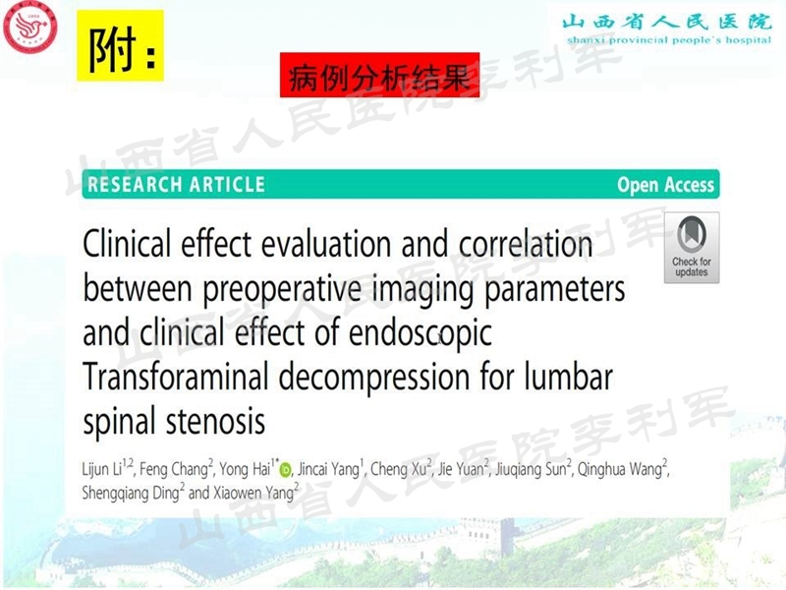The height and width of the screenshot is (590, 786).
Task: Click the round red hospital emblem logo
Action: (x=30, y=27)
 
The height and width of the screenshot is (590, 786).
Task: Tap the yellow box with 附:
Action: (x=120, y=46)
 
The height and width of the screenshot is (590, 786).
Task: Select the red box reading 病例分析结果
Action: (x=379, y=76)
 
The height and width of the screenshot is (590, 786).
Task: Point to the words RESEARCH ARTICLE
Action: (x=177, y=184)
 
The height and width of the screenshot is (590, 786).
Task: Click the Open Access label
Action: (x=665, y=185)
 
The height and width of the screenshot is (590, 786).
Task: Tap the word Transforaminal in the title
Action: (x=191, y=378)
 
